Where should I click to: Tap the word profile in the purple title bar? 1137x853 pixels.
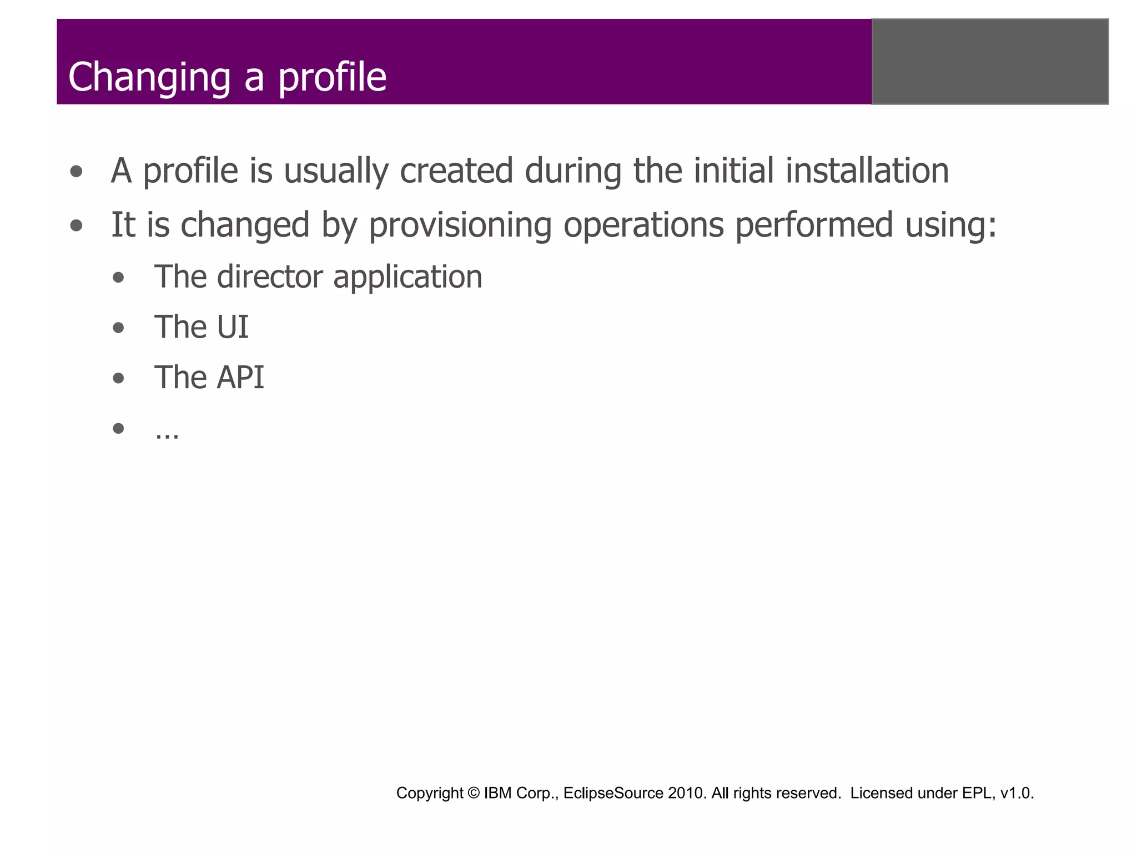point(332,78)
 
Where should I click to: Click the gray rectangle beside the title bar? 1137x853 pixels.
point(990,62)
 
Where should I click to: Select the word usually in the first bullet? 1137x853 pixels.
point(336,171)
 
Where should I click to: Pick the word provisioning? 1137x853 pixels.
point(460,225)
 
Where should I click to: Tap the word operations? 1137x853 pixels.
point(643,225)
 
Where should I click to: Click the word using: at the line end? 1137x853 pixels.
point(950,225)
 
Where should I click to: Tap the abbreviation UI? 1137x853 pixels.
point(232,327)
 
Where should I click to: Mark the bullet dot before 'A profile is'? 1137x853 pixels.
point(77,172)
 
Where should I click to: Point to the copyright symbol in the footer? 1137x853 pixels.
point(474,793)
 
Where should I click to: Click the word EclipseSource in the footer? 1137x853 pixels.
point(613,793)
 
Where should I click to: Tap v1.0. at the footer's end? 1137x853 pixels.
point(1017,793)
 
